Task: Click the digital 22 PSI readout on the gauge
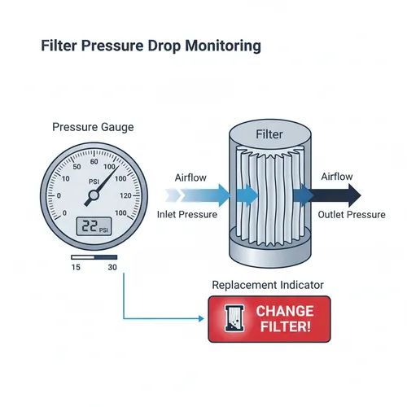coord(92,229)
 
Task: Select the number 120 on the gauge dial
coord(124,195)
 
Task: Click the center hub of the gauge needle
coord(92,195)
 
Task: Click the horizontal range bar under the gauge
coord(94,258)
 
